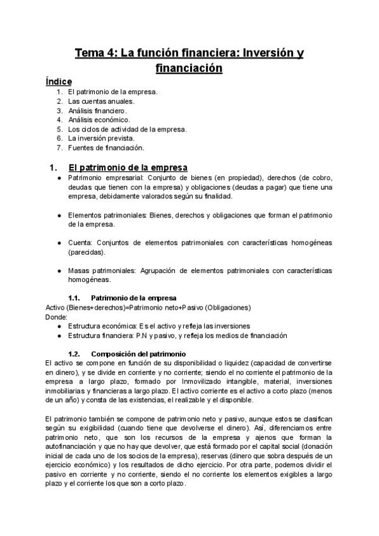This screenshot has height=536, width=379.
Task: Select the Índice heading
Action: tap(59, 82)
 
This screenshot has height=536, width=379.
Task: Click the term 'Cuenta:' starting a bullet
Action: tap(81, 243)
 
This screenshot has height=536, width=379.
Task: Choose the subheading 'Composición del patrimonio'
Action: tap(138, 353)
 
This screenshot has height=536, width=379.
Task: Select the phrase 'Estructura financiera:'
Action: tap(101, 335)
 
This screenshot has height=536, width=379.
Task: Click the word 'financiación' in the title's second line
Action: tap(189, 68)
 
